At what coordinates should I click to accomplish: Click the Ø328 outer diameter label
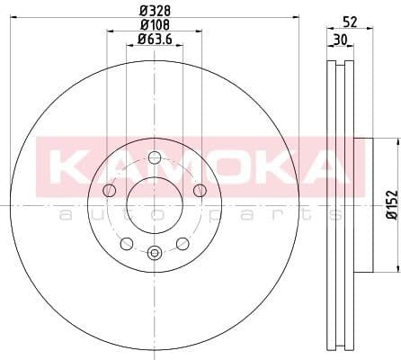click(x=154, y=11)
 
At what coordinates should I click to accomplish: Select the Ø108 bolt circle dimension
click(x=154, y=25)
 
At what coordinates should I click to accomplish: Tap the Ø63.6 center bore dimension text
click(x=156, y=39)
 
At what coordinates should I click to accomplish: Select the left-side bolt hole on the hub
click(x=110, y=190)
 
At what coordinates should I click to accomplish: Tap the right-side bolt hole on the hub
click(x=199, y=190)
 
